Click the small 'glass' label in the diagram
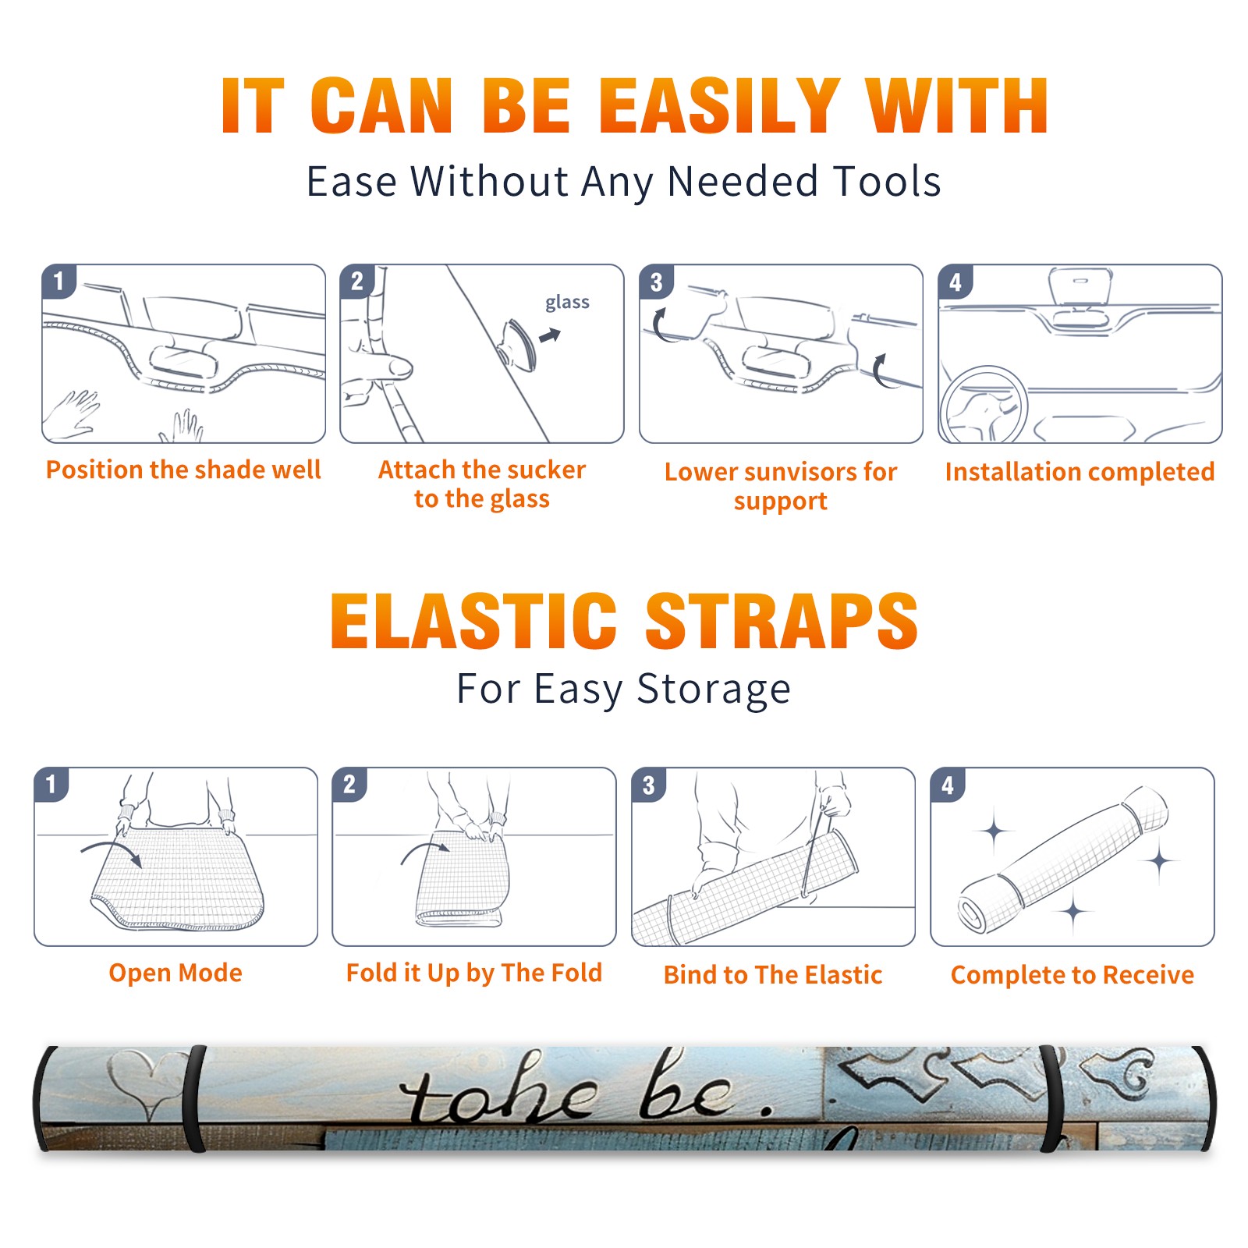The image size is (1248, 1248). (x=567, y=302)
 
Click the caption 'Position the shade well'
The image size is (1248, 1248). (x=183, y=470)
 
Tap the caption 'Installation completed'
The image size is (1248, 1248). (x=1080, y=472)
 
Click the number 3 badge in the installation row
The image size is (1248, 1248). (x=656, y=282)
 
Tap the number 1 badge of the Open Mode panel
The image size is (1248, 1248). (x=51, y=784)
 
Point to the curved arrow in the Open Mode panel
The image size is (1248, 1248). (x=112, y=851)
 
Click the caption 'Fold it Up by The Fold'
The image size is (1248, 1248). (x=474, y=973)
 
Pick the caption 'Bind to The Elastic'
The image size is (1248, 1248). (x=773, y=975)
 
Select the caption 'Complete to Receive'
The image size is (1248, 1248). (x=1072, y=975)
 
